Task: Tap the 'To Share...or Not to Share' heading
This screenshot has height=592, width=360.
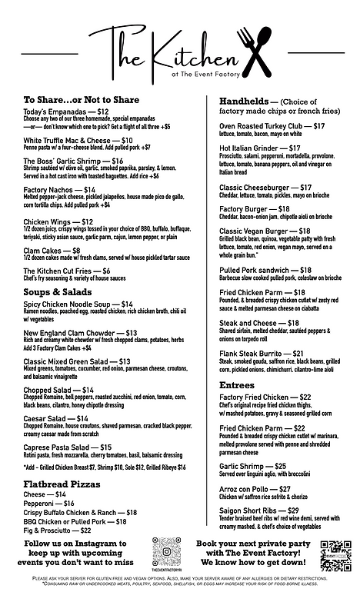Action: [x=82, y=100]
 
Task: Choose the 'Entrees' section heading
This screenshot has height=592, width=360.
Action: [x=237, y=384]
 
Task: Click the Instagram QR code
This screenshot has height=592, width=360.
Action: [x=167, y=551]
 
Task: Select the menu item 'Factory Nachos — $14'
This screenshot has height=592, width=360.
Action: [x=59, y=190]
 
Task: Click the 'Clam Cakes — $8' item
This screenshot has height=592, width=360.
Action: [x=52, y=251]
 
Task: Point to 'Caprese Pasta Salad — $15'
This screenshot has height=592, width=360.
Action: [x=68, y=447]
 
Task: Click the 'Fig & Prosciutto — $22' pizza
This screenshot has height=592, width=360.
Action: [x=58, y=530]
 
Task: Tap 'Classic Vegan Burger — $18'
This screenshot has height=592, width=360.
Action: [x=265, y=231]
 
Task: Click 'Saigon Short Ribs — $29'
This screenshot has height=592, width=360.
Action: [x=259, y=511]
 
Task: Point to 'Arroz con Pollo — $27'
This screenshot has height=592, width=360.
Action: [x=255, y=489]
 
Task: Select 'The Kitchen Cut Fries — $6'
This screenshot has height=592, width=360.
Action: [x=67, y=271]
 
